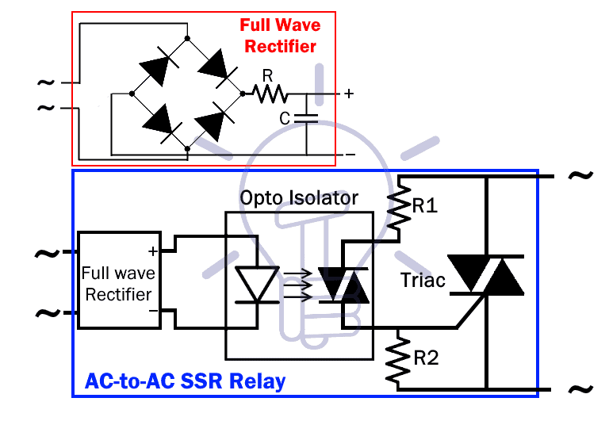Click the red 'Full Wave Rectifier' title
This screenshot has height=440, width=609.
(280, 36)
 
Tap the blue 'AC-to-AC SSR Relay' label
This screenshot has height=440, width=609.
(185, 381)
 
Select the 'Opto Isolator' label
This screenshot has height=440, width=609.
(299, 197)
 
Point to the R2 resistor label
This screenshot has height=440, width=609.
(425, 358)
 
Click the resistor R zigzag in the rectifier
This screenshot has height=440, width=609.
(270, 94)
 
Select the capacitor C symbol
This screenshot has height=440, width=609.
(306, 118)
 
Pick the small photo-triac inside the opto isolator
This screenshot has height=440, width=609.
(343, 285)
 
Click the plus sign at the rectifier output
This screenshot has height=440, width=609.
(348, 94)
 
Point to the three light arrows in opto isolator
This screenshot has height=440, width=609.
(298, 285)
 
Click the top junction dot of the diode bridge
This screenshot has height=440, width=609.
(187, 37)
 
